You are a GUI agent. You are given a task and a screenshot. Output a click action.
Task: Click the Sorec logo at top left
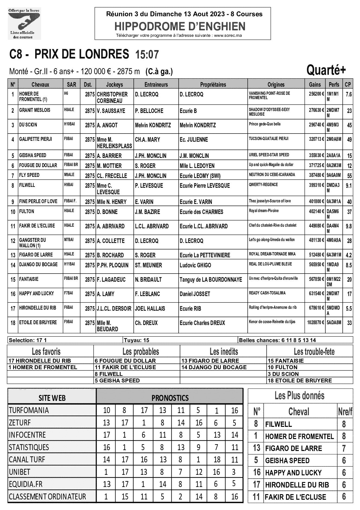pyautogui.click(x=24, y=24)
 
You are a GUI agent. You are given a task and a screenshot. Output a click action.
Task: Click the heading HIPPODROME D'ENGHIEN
pyautogui.click(x=180, y=27)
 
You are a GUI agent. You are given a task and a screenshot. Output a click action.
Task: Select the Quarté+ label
pyautogui.click(x=326, y=70)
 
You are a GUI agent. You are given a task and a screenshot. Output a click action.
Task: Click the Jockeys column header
pyautogui.click(x=114, y=85)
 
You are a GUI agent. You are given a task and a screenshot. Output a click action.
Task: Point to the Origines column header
pyautogui.click(x=276, y=85)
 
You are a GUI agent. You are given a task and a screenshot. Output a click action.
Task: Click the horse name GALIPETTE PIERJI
pyautogui.click(x=35, y=139)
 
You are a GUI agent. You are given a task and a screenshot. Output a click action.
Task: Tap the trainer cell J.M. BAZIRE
pyautogui.click(x=148, y=212)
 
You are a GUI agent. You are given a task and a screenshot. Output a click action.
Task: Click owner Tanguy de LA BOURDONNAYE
pyautogui.click(x=211, y=280)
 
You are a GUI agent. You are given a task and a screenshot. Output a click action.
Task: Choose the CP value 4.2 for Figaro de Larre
pyautogui.click(x=349, y=255)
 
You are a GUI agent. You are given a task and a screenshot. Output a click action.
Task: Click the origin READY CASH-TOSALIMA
pyautogui.click(x=267, y=293)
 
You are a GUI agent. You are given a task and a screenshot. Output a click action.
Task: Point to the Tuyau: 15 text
pyautogui.click(x=137, y=340)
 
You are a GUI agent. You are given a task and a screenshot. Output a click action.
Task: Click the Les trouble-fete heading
pyautogui.click(x=314, y=352)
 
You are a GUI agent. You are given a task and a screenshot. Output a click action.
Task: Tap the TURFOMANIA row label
pyautogui.click(x=29, y=410)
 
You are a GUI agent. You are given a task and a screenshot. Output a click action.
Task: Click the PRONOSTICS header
pyautogui.click(x=170, y=398)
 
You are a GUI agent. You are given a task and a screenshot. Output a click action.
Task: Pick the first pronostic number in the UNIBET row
pyautogui.click(x=106, y=472)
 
